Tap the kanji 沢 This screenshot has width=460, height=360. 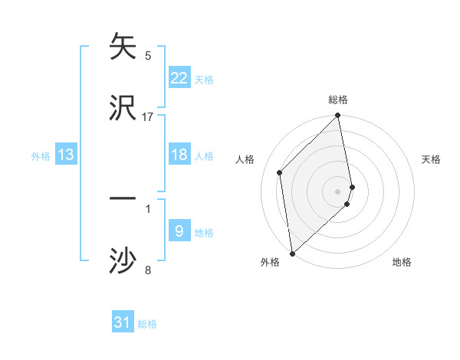[x=123, y=108]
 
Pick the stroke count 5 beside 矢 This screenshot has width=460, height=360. [x=148, y=55]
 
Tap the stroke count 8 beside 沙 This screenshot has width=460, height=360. [x=148, y=270]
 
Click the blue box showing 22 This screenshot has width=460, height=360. [x=179, y=78]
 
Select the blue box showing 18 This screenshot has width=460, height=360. [x=179, y=155]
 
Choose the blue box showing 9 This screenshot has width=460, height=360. [x=179, y=231]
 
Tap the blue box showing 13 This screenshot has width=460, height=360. [x=66, y=155]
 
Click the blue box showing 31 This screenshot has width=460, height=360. [x=123, y=322]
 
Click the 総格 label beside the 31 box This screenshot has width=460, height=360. [x=147, y=324]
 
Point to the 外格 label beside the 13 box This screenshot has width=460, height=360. [x=41, y=155]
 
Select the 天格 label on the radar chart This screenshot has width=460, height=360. [x=432, y=159]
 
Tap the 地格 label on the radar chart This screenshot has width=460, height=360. [x=402, y=262]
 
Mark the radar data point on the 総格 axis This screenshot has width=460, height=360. [x=337, y=116]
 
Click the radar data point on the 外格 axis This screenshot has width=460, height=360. [x=292, y=253]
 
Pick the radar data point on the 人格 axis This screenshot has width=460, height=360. [x=280, y=172]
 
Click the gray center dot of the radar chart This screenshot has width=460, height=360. [x=337, y=191]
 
